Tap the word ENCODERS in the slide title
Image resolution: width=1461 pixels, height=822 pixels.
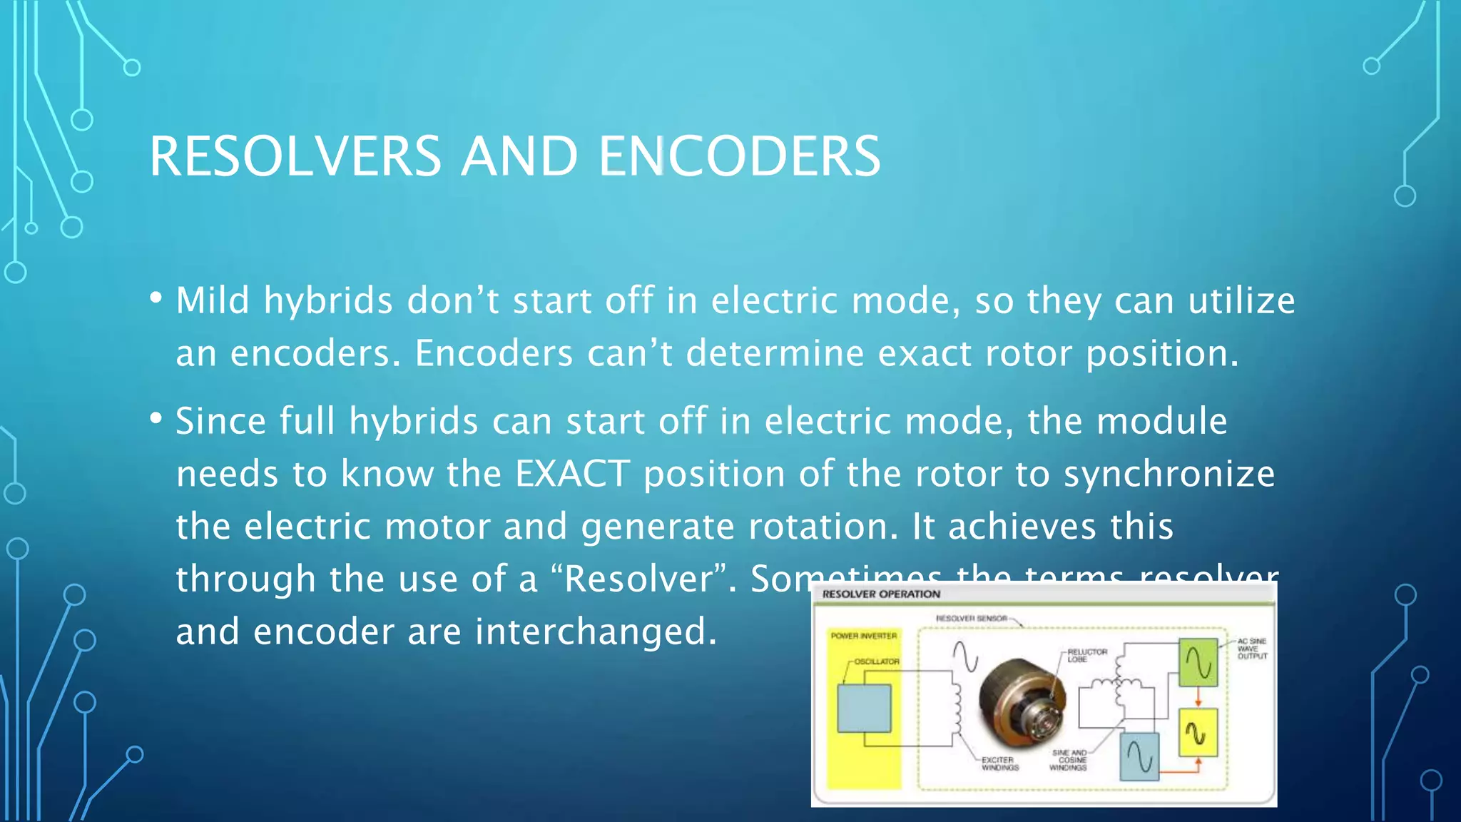(740, 157)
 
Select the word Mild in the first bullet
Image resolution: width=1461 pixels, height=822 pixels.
(213, 300)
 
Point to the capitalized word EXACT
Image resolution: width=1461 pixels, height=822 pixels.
(573, 474)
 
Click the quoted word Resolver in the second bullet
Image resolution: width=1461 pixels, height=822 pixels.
(639, 579)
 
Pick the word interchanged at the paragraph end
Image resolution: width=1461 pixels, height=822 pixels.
(596, 631)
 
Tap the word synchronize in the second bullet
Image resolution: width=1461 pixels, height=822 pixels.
(1169, 474)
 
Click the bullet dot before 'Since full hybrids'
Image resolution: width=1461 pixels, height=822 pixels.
(156, 419)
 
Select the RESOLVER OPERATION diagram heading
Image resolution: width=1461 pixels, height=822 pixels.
(881, 594)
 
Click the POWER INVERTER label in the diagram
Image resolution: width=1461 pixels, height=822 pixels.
(864, 636)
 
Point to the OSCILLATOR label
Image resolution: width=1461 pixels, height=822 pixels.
(877, 661)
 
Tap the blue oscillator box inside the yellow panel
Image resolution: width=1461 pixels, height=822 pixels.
(864, 709)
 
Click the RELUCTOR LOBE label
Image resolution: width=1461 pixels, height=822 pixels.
(1086, 655)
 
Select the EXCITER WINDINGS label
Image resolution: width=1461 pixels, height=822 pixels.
(999, 763)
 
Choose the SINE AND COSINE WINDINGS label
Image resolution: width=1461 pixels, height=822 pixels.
(1069, 760)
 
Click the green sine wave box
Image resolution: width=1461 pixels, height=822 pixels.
(1198, 663)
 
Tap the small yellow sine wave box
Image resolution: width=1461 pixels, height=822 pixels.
(1198, 732)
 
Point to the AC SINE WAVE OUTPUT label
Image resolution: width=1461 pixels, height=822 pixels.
(1252, 649)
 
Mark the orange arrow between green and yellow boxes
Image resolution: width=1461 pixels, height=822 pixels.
(1198, 697)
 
